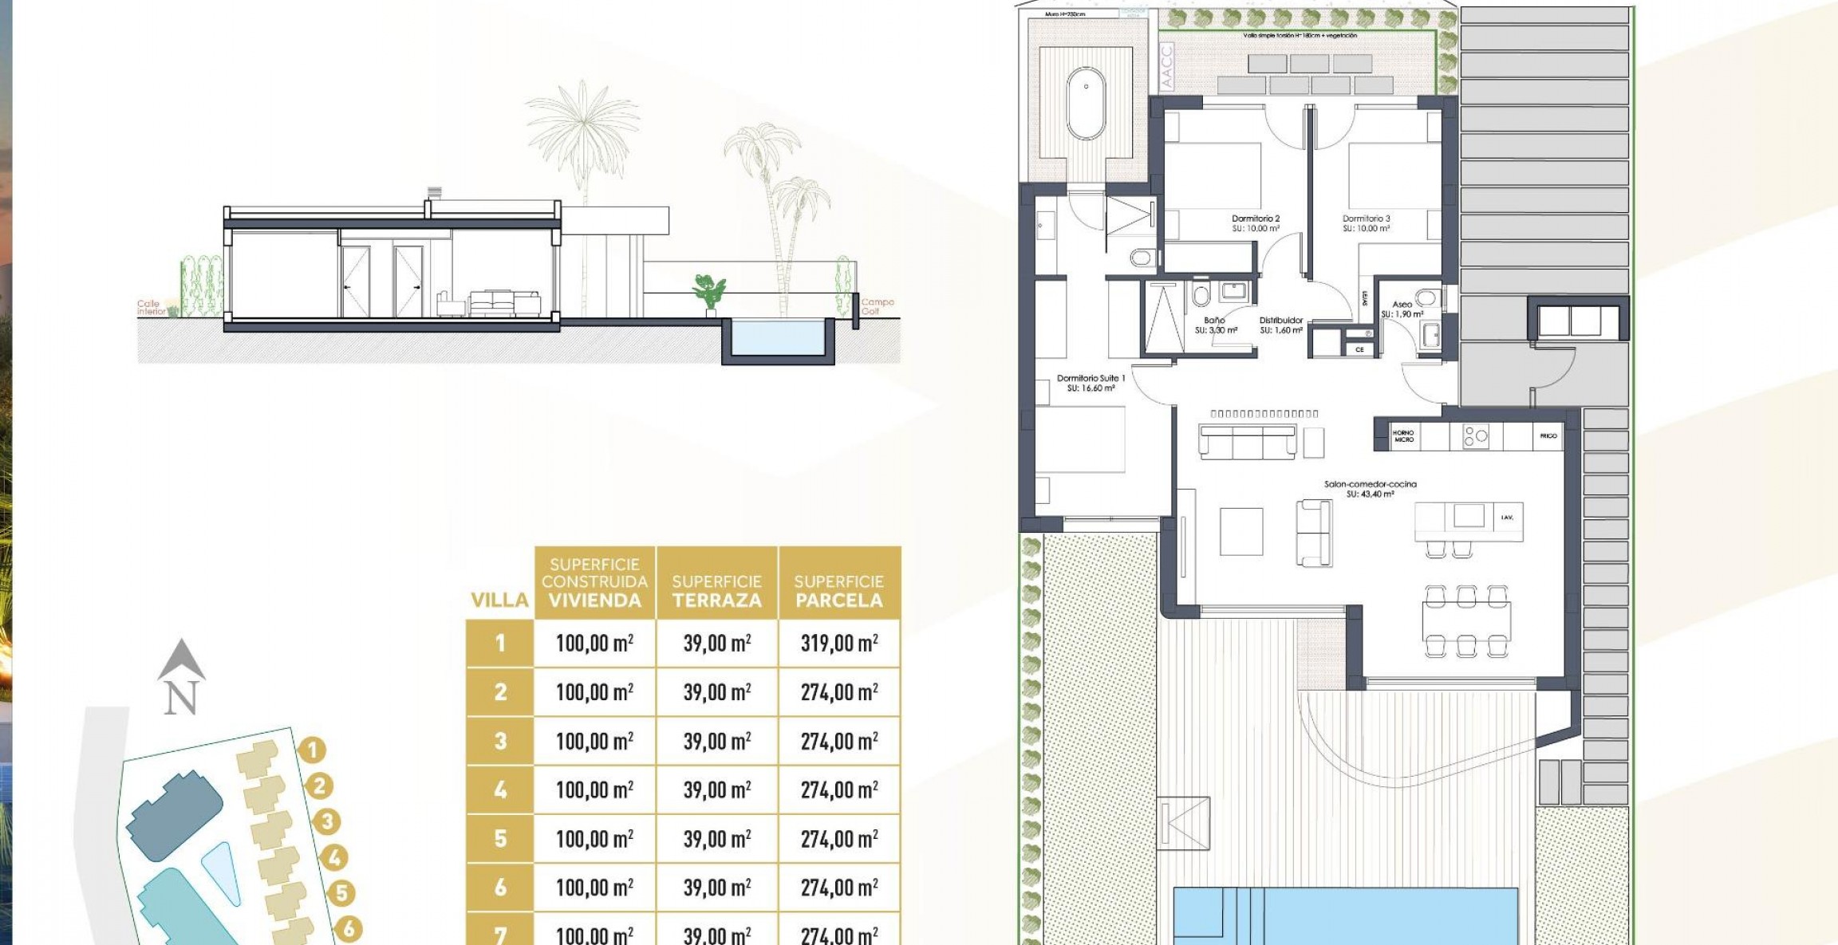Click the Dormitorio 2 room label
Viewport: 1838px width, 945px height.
point(1255,219)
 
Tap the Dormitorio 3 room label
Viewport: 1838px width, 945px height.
point(1366,219)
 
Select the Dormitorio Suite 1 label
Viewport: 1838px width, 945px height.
point(1091,379)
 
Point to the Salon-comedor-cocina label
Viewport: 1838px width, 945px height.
point(1370,485)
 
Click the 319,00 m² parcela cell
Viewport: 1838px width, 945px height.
point(839,643)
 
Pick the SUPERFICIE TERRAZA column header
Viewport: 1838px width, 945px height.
point(716,591)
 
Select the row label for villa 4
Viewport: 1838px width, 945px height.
point(500,789)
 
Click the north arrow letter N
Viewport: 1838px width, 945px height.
point(180,699)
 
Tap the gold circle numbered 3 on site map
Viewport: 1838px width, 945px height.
point(326,821)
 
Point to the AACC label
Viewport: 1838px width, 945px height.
point(1167,67)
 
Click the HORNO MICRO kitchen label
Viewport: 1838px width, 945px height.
point(1403,436)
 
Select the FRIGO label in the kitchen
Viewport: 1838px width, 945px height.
point(1548,436)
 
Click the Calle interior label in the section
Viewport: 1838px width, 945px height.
point(150,308)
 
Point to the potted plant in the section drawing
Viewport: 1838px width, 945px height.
point(708,294)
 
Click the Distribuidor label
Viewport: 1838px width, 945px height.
point(1280,321)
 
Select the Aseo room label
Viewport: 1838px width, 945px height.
point(1402,305)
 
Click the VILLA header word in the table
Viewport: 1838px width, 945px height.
point(499,600)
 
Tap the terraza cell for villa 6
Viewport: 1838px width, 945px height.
point(716,888)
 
